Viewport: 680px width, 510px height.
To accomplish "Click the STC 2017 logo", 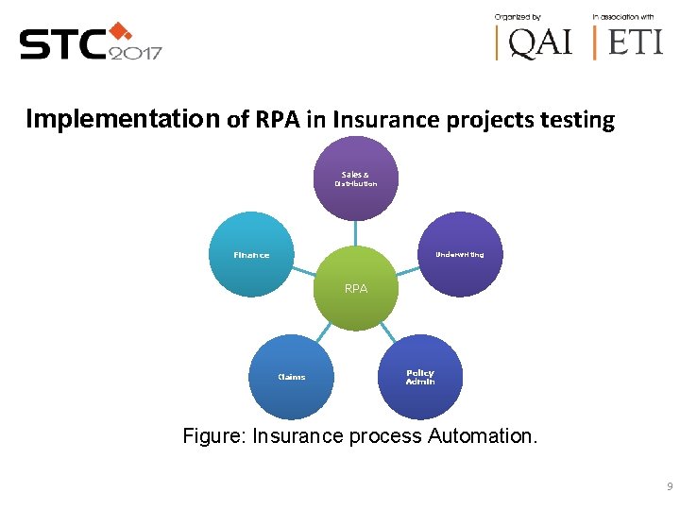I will point(91,42).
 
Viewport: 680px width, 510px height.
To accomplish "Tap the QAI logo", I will point(535,42).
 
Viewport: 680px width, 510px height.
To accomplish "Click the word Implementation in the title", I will point(122,119).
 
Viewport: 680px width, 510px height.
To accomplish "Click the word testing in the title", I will point(577,121).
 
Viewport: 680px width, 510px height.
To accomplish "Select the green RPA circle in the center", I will point(356,288).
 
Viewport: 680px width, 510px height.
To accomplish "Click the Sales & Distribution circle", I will point(356,178).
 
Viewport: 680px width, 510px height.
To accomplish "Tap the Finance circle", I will point(251,254).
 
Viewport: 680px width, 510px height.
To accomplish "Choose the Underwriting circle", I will point(460,254).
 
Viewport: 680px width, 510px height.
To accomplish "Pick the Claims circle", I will point(291,377).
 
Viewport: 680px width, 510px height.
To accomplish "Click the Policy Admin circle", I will point(420,377).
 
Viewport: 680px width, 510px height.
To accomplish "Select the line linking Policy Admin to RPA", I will point(388,331).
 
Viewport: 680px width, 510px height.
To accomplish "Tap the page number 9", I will point(669,486).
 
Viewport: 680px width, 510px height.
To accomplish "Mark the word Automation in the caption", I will point(482,436).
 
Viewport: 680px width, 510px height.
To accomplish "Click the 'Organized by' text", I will point(518,16).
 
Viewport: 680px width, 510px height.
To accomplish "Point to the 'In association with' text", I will point(623,16).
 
